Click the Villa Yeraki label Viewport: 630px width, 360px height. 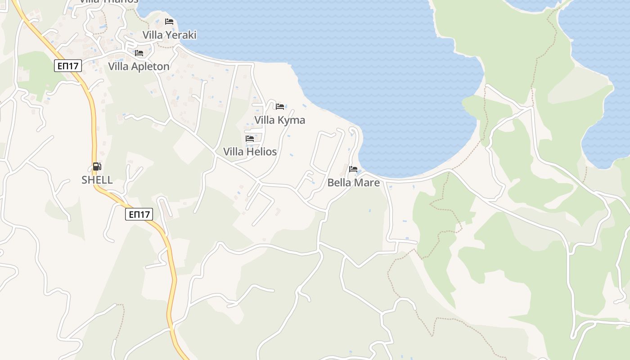pyautogui.click(x=169, y=35)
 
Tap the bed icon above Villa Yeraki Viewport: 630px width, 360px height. pyautogui.click(x=169, y=21)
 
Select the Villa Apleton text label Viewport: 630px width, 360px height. pyautogui.click(x=139, y=67)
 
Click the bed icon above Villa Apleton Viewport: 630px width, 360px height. pyautogui.click(x=139, y=53)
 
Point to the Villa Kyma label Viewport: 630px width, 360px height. pyautogui.click(x=279, y=120)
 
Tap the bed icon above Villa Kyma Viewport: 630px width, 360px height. pyautogui.click(x=280, y=107)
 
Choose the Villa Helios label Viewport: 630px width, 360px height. pyautogui.click(x=250, y=152)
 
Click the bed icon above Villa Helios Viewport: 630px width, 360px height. pyautogui.click(x=250, y=139)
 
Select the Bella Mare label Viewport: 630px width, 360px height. pyautogui.click(x=353, y=183)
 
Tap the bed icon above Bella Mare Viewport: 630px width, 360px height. pyautogui.click(x=353, y=169)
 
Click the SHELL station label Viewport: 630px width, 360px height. pyautogui.click(x=97, y=180)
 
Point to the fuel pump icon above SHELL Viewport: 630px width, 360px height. pyautogui.click(x=97, y=166)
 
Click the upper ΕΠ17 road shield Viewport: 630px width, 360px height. pyautogui.click(x=68, y=66)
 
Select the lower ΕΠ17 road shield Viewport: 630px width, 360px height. pyautogui.click(x=139, y=214)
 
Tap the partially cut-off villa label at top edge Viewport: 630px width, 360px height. pyautogui.click(x=109, y=2)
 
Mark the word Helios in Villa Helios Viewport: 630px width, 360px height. pyautogui.click(x=261, y=152)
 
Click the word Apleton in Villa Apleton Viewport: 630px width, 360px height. pyautogui.click(x=150, y=67)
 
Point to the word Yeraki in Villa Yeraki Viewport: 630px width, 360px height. pyautogui.click(x=181, y=35)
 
